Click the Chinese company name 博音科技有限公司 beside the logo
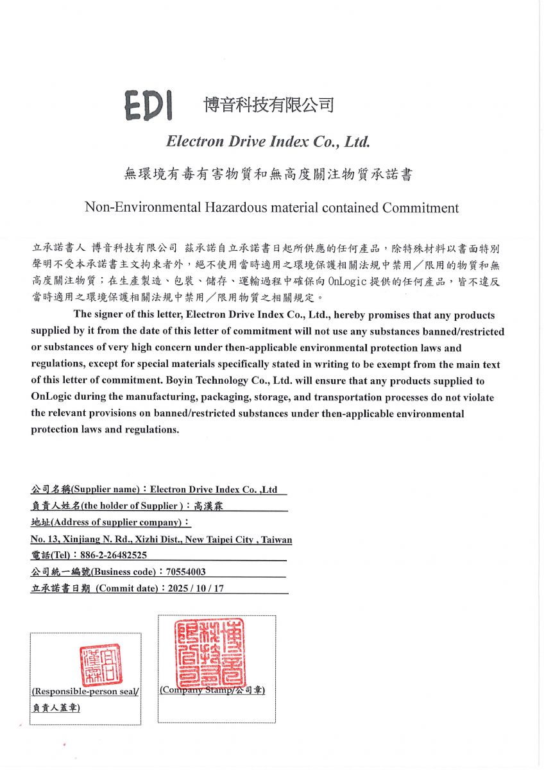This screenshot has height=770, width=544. click(268, 105)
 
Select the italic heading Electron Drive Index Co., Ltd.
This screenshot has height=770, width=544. click(268, 141)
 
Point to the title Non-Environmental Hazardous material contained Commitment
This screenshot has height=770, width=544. click(272, 208)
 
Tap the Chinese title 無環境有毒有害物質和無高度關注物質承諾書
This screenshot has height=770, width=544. click(268, 175)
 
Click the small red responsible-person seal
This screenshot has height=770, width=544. click(101, 665)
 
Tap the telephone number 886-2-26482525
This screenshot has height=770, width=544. click(113, 555)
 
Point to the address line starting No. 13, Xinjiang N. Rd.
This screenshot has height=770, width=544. click(161, 540)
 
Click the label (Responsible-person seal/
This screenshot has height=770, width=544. click(85, 692)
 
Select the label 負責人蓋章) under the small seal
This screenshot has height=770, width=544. click(56, 708)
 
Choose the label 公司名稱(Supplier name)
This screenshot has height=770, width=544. click(85, 490)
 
